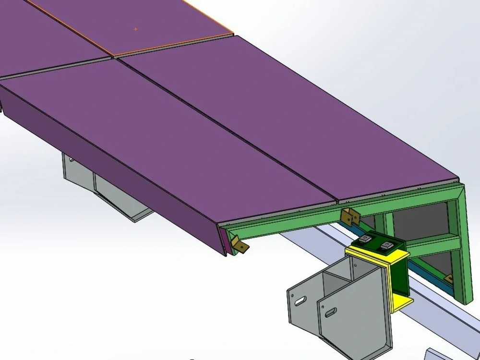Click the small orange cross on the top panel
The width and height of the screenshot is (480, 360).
click(135, 29)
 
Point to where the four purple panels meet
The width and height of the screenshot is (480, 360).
click(114, 58)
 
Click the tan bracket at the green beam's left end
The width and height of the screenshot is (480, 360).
click(240, 245)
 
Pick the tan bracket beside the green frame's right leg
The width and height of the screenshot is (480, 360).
click(449, 277)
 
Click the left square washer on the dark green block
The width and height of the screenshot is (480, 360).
click(366, 239)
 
